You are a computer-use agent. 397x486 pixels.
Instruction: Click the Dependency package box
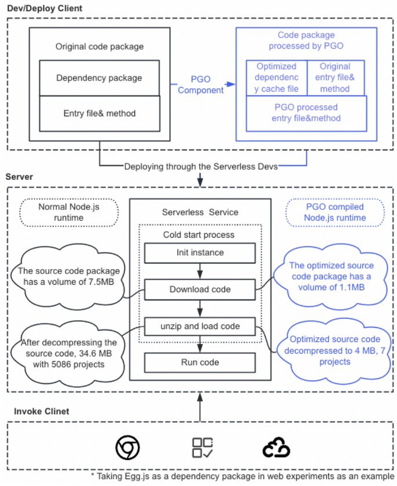pos(99,78)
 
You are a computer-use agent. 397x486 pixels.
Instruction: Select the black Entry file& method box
pos(99,113)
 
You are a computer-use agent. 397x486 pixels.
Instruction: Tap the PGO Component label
pos(201,84)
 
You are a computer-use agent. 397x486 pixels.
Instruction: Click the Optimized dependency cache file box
pos(276,77)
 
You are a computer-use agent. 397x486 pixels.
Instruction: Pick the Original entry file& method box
pos(335,77)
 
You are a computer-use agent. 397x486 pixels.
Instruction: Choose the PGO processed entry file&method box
pos(305,113)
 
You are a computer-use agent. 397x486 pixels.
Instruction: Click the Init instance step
pos(200,253)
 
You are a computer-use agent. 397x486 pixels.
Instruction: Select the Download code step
pos(200,289)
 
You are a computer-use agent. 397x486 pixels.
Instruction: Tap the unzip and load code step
pos(200,327)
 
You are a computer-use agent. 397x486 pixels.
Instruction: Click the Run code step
pos(200,363)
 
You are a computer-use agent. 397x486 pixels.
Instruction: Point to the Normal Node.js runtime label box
pos(69,212)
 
